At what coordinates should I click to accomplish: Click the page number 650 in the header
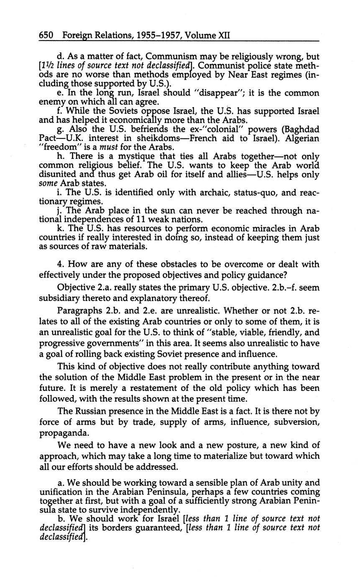tap(46, 36)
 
